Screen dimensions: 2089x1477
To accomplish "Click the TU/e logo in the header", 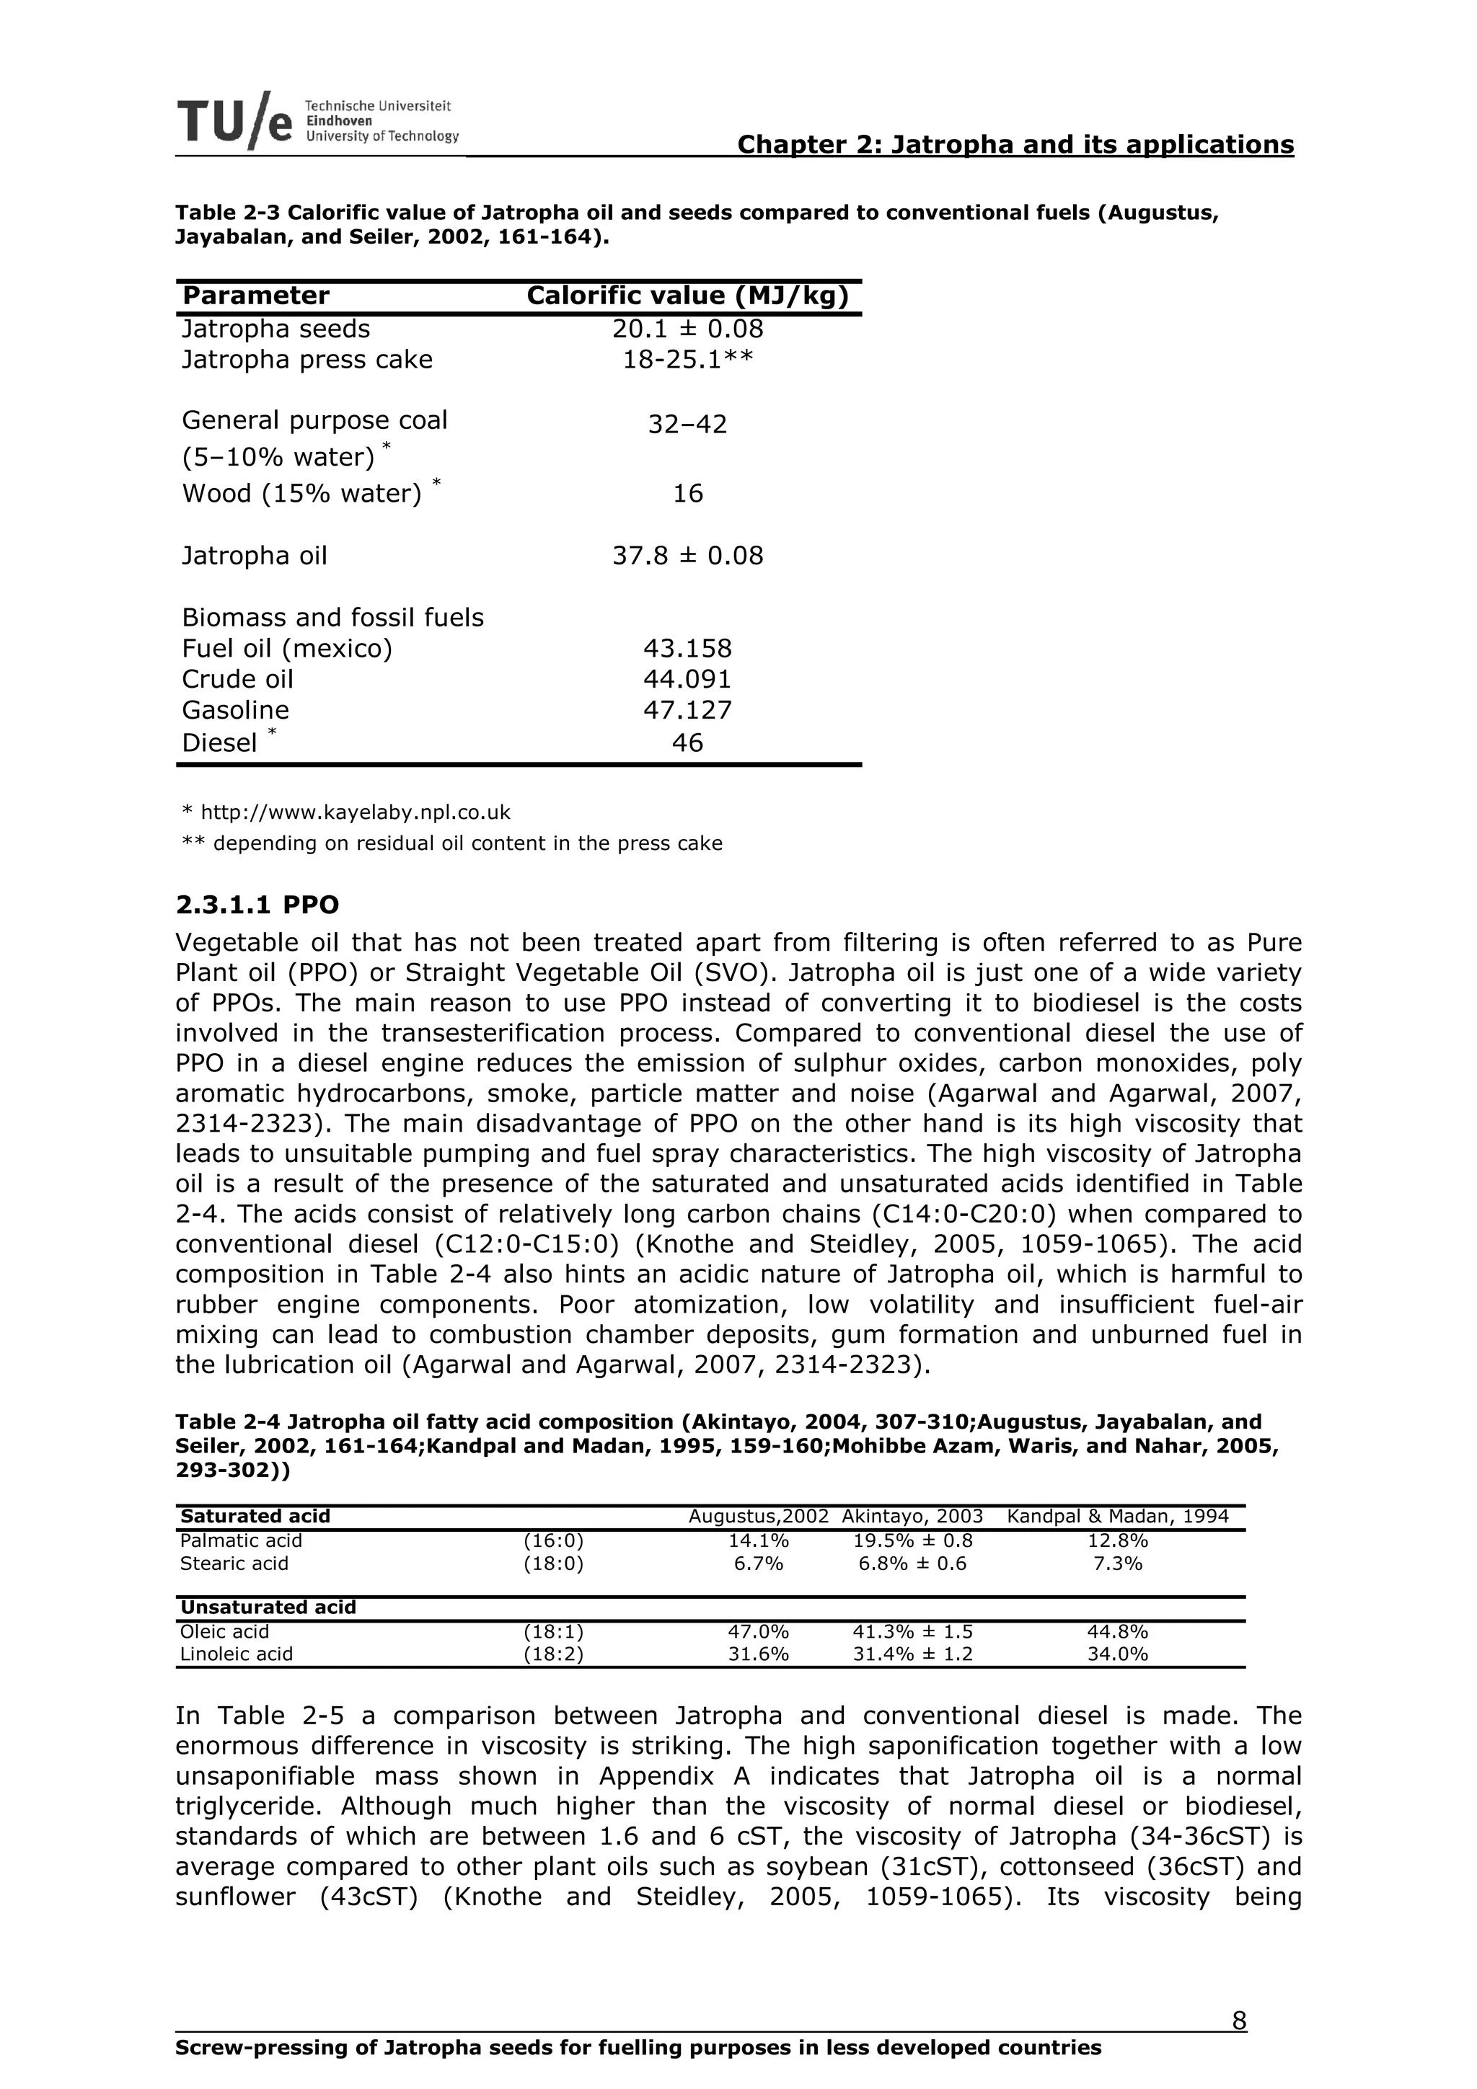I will pyautogui.click(x=235, y=121).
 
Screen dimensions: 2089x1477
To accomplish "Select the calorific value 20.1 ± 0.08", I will pyautogui.click(x=687, y=329).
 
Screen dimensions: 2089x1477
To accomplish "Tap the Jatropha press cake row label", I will pyautogui.click(x=307, y=360).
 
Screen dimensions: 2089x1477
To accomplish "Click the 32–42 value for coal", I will pyautogui.click(x=687, y=425).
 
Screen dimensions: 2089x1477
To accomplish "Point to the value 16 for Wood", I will pyautogui.click(x=687, y=493).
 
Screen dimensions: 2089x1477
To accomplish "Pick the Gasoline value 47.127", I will pyautogui.click(x=687, y=710).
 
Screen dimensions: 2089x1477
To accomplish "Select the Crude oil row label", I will pyautogui.click(x=237, y=679).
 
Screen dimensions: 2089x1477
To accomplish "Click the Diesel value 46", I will pyautogui.click(x=687, y=742).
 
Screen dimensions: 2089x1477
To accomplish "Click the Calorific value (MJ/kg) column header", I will pyautogui.click(x=687, y=296).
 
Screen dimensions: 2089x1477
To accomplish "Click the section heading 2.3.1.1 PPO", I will pyautogui.click(x=257, y=905).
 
